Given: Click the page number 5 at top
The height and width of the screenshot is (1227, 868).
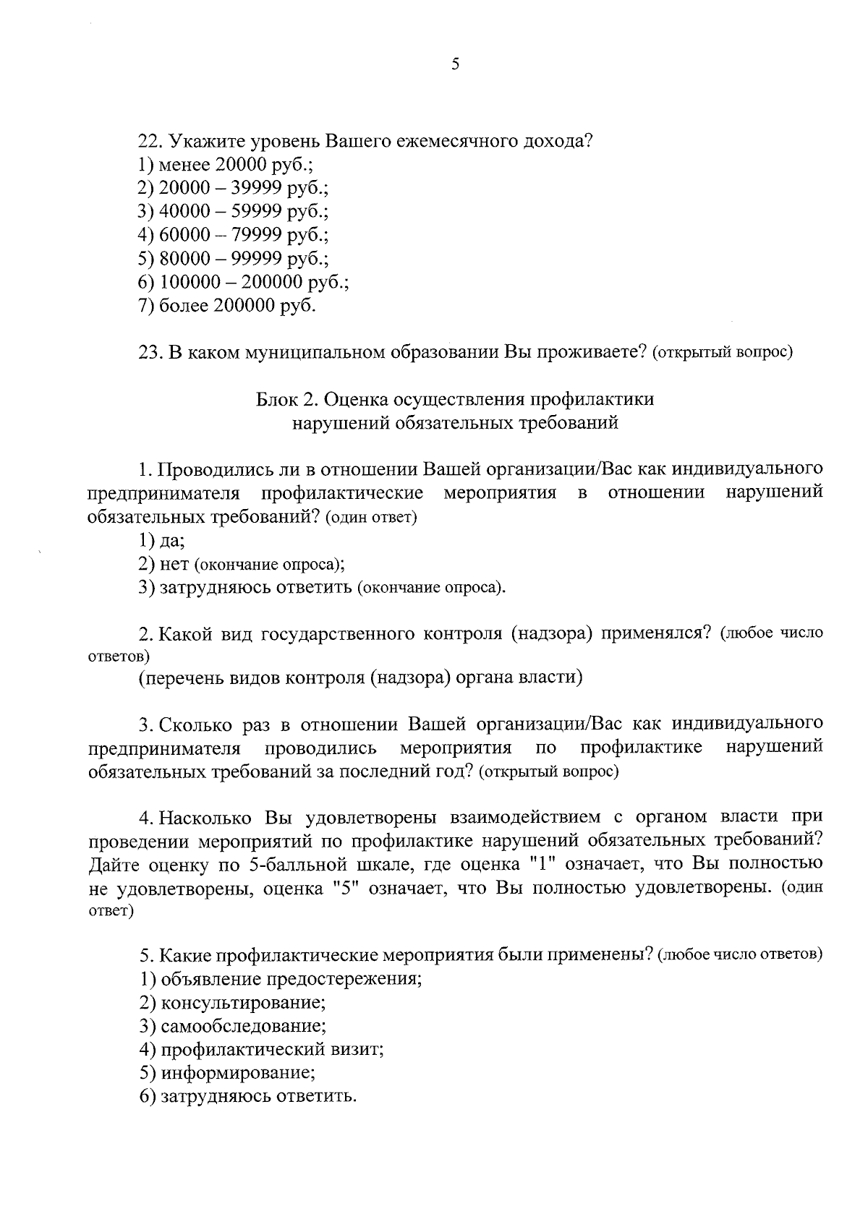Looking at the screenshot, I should [455, 64].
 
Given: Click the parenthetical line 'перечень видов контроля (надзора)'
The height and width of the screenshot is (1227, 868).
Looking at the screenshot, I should [361, 677].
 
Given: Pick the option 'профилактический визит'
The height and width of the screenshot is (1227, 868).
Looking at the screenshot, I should [261, 1049].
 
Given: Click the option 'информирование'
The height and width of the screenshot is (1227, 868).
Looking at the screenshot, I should [227, 1073].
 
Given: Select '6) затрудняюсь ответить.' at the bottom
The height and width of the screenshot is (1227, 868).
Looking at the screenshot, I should [248, 1096].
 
